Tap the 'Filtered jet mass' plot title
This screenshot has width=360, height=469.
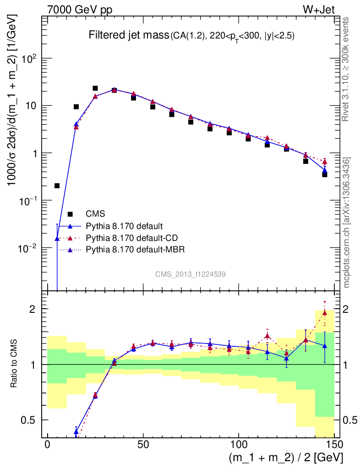point(129,36)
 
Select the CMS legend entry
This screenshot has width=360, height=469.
point(95,213)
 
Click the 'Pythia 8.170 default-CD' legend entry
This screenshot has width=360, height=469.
point(131,238)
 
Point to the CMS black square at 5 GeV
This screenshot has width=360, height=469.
point(57,185)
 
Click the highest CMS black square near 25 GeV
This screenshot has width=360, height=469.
point(95,88)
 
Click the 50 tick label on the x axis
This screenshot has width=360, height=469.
point(143,446)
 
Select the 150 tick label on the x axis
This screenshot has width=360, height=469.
point(334,446)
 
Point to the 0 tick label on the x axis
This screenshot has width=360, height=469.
point(48,446)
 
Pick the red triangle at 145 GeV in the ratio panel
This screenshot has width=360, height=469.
point(325,312)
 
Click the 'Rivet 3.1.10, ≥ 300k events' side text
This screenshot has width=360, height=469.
point(346,69)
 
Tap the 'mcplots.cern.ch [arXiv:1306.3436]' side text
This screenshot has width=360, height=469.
point(347,222)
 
